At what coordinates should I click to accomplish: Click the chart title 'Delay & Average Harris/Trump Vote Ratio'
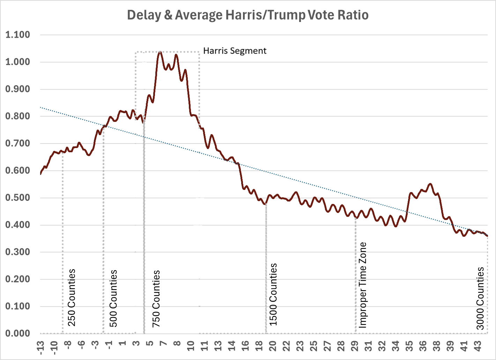[x=247, y=15]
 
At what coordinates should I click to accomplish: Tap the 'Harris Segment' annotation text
[x=235, y=51]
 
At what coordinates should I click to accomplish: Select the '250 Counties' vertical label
[x=72, y=297]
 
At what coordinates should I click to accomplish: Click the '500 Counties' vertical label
[x=113, y=298]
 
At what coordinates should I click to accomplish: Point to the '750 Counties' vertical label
[x=156, y=299]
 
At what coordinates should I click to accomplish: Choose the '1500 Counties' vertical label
[x=273, y=294]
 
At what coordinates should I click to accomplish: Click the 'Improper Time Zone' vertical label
[x=363, y=285]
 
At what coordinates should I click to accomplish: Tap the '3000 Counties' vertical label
[x=481, y=298]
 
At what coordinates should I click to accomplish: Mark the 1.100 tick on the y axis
[x=17, y=35]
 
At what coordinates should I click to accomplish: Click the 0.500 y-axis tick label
[x=17, y=198]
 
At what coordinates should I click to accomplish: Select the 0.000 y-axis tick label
[x=17, y=333]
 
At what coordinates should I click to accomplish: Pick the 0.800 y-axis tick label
[x=17, y=116]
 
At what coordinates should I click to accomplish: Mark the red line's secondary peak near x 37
[x=430, y=184]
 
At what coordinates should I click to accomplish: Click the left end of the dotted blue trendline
[x=41, y=107]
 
